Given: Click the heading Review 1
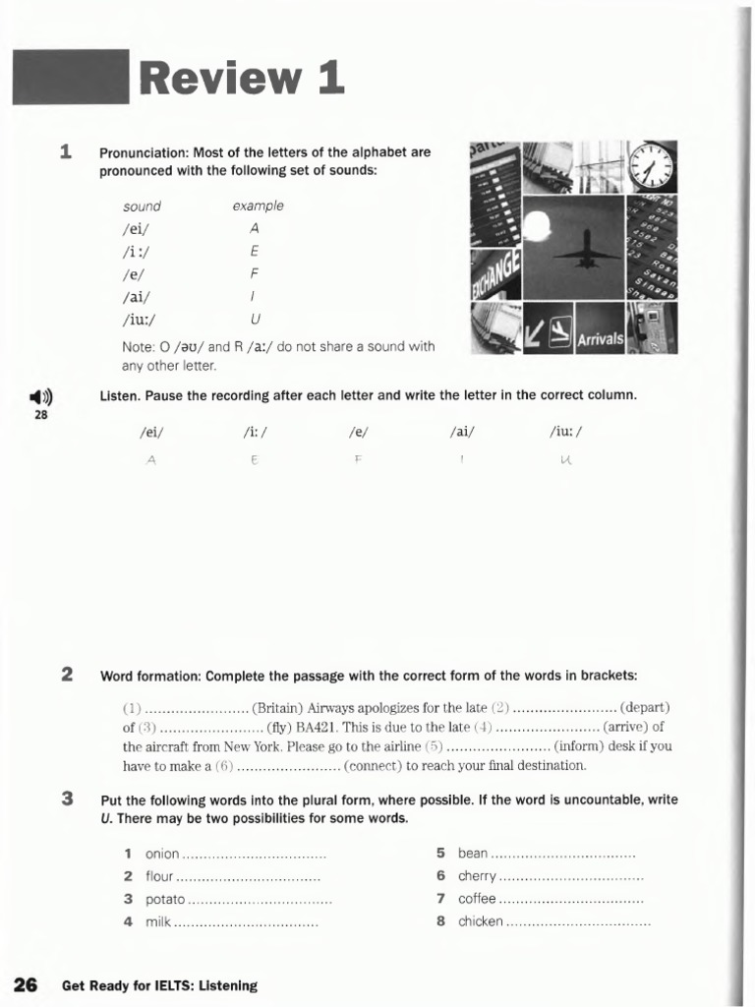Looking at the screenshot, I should tap(242, 79).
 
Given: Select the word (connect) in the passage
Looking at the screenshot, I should tap(374, 765).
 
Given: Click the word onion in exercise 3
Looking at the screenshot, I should tap(162, 854).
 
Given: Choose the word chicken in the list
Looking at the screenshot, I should tap(481, 921).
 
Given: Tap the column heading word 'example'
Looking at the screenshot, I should tap(258, 207).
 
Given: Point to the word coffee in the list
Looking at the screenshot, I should tap(477, 899).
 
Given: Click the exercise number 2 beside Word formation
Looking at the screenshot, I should tap(67, 675).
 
